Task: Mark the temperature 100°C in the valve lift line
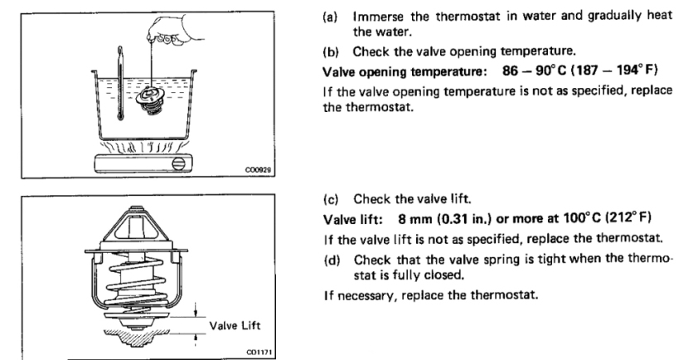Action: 578,218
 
